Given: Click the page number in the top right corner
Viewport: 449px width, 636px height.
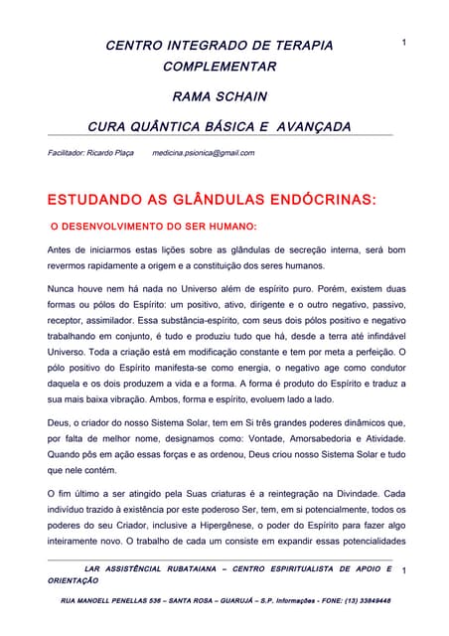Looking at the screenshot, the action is click(404, 42).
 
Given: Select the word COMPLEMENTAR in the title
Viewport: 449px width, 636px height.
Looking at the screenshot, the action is click(220, 67).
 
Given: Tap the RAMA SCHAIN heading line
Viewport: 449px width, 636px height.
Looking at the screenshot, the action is click(220, 97).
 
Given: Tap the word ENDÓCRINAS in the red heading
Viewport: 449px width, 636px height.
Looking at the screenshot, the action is click(316, 200).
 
